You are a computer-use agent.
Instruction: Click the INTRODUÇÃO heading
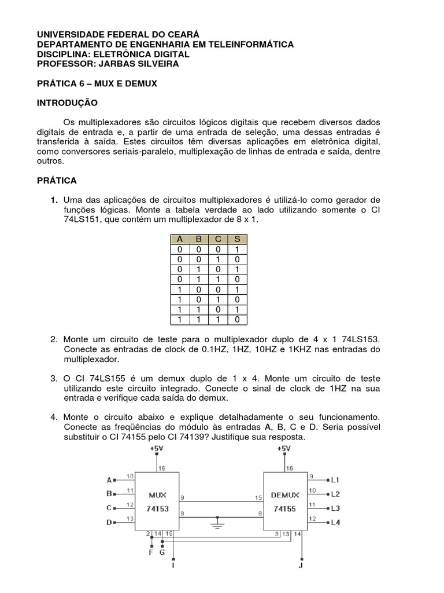(67, 103)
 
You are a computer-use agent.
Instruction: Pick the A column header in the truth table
(180, 240)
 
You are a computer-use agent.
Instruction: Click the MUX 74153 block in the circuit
(157, 500)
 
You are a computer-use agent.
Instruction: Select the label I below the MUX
(173, 565)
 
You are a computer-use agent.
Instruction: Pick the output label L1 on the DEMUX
(335, 479)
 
